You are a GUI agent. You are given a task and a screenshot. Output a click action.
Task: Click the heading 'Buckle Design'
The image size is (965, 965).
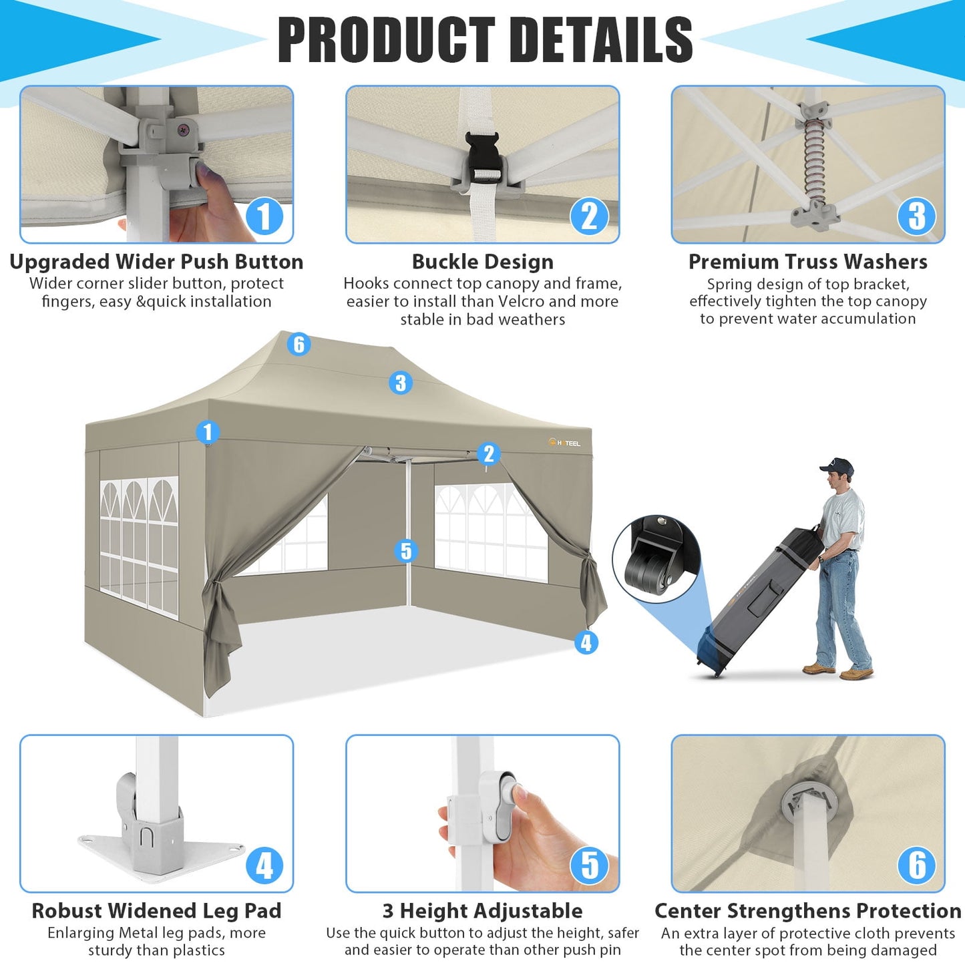tap(482, 262)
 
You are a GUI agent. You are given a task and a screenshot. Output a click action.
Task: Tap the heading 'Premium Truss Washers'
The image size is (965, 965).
tap(807, 262)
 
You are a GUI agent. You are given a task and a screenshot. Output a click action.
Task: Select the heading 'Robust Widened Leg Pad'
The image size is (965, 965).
tap(156, 911)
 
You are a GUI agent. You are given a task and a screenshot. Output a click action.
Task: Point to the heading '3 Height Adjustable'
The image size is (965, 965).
tap(482, 911)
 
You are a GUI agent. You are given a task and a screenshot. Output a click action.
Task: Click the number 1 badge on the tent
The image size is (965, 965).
tap(208, 432)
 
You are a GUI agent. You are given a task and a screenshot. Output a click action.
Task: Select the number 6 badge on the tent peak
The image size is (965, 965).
tap(299, 345)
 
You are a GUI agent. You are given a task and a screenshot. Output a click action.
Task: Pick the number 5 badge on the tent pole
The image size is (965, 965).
tap(406, 551)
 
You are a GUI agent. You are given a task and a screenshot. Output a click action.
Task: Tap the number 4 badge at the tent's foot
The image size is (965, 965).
tap(586, 642)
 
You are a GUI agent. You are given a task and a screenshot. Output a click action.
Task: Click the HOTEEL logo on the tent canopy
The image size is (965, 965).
tap(565, 443)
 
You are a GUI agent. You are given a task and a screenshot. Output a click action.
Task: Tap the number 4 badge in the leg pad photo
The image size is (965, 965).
tap(264, 865)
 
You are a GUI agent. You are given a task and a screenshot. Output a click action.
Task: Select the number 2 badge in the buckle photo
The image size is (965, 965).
tap(589, 216)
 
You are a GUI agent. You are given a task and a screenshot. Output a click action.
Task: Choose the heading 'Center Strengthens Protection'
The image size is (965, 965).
tap(807, 911)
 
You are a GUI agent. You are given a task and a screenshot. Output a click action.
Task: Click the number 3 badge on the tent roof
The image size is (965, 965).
tap(400, 383)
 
